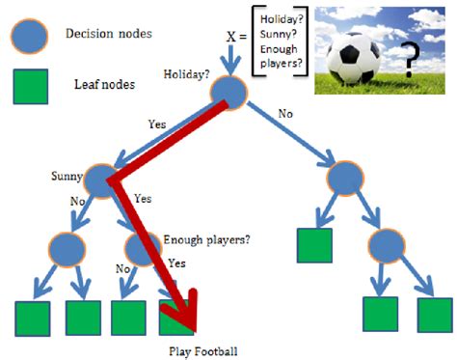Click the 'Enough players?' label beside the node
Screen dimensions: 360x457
coord(207,238)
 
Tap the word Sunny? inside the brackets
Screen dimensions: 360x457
coord(280,37)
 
